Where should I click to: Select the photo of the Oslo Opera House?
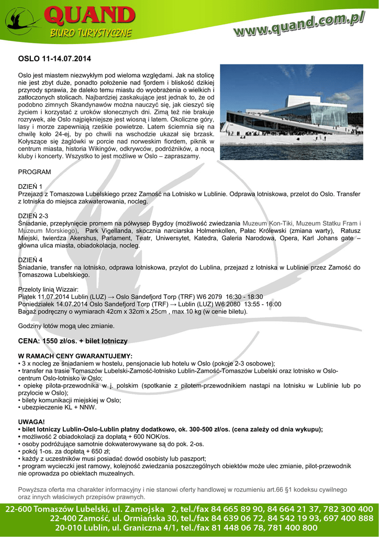click(x=291, y=112)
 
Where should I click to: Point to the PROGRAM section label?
click(x=35, y=172)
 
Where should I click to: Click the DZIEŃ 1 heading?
click(x=30, y=186)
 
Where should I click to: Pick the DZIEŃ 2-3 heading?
click(x=33, y=216)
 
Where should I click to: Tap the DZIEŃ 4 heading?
click(x=30, y=260)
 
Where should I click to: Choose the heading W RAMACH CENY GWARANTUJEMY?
click(x=75, y=356)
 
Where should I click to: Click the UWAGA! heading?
click(x=31, y=422)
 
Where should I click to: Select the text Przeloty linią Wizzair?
click(x=48, y=289)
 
